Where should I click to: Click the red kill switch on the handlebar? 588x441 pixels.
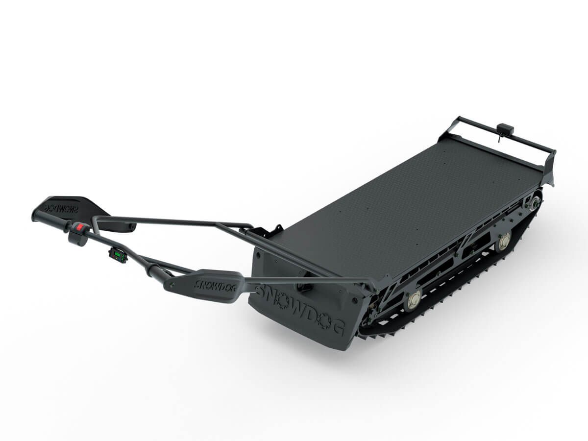click(79, 227)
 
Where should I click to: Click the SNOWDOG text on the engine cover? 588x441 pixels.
click(300, 309)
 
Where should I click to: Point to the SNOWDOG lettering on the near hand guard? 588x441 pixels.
click(215, 286)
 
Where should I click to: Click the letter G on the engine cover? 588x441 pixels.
click(338, 327)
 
